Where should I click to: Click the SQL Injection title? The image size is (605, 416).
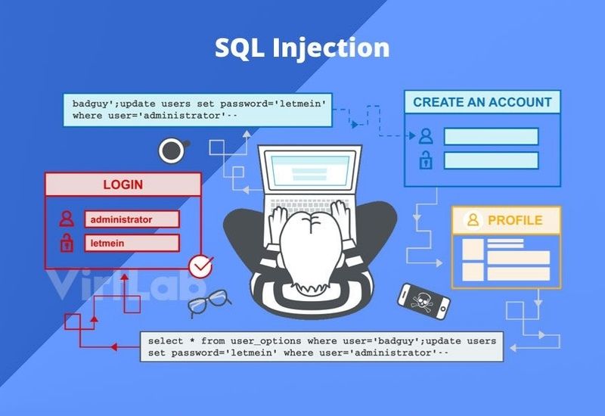pos(302,48)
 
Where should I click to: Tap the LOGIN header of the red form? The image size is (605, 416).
pos(123,185)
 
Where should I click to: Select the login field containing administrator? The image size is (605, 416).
pos(132,219)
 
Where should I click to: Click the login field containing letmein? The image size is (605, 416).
pos(132,243)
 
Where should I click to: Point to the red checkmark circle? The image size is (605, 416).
pos(200,265)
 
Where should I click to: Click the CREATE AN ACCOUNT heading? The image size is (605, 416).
pos(482,102)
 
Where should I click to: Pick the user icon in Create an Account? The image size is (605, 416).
pos(426,136)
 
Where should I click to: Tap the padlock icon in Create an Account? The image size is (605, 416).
pos(426,160)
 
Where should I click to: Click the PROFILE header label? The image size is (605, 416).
pos(514,220)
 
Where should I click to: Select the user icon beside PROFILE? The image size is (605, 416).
pos(473,220)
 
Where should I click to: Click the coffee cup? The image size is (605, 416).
pos(172,150)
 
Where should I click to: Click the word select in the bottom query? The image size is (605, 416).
pos(165,341)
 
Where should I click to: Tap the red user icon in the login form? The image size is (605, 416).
pos(67,219)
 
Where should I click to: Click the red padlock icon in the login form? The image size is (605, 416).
pos(67,243)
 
